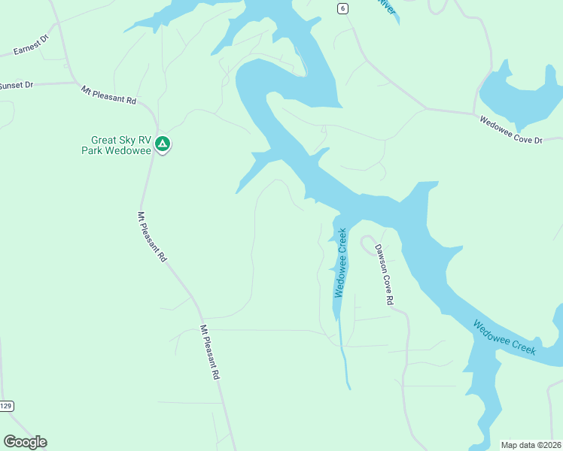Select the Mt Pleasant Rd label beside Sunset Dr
(108, 95)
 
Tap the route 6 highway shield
(342, 8)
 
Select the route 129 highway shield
(7, 406)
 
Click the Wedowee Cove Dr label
(511, 129)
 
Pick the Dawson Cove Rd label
(385, 274)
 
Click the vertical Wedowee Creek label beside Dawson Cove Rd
(341, 262)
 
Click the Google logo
(25, 442)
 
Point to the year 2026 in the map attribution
(549, 444)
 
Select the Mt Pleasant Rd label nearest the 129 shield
(210, 351)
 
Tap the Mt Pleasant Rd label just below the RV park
(152, 235)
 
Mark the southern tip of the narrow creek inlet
(349, 387)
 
